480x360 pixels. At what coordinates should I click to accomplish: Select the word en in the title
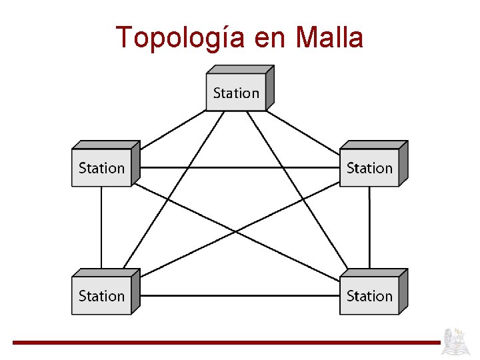point(270,38)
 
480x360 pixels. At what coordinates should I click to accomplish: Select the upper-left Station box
point(101,168)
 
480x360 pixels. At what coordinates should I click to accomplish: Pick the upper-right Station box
point(369,168)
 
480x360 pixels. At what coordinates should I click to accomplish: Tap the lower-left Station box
point(101,295)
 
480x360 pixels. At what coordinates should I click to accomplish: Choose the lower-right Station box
point(369,295)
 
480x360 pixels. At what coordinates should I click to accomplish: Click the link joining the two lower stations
point(240,295)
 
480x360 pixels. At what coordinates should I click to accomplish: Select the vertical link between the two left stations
point(101,227)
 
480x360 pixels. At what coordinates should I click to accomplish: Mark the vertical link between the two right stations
point(369,227)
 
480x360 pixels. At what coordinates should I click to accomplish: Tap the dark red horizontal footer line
point(227,343)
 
